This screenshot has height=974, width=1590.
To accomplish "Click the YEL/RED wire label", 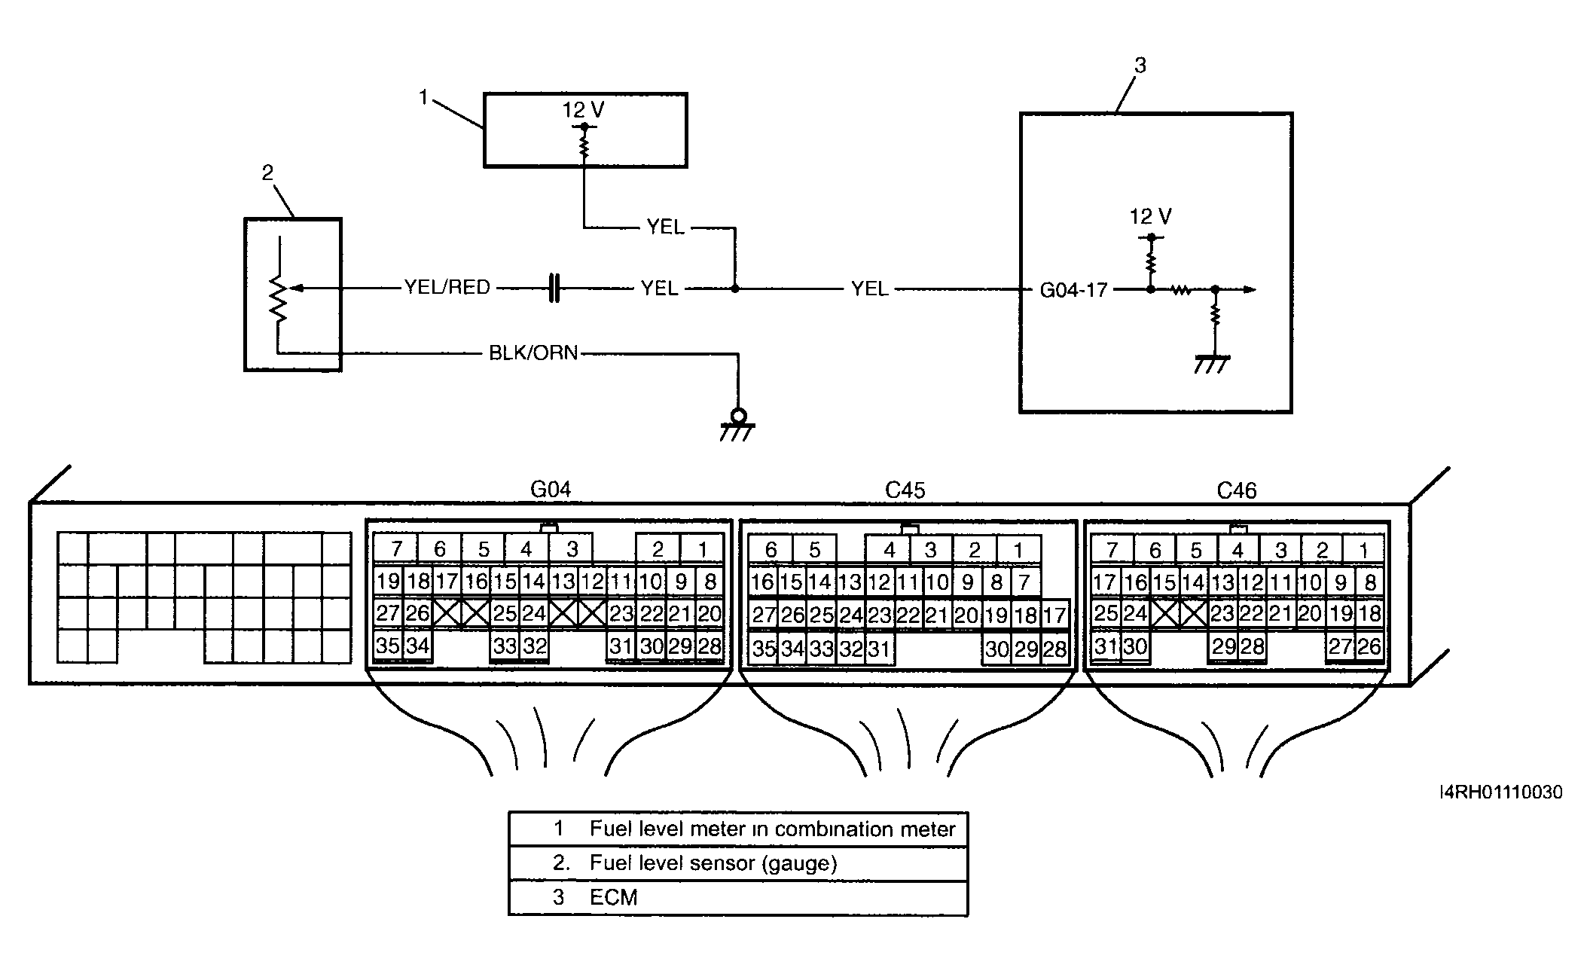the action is click(x=447, y=288).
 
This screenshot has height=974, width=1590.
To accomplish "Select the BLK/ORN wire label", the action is click(x=533, y=353).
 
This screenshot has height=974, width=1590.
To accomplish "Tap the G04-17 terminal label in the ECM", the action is click(x=1073, y=290).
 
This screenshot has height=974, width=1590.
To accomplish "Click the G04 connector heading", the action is click(x=551, y=490).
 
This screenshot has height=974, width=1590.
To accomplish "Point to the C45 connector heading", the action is click(x=905, y=490).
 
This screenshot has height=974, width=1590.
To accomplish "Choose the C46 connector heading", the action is click(x=1237, y=491).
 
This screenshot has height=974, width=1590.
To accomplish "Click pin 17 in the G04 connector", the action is click(x=447, y=581).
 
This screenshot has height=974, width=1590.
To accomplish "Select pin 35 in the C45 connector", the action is click(x=764, y=649).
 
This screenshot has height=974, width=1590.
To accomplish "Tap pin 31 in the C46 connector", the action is click(x=1105, y=646).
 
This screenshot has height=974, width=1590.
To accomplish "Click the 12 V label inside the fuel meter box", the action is click(x=583, y=110).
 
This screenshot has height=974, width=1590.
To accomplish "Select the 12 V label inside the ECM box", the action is click(x=1150, y=217).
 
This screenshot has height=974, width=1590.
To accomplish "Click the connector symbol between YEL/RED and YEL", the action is click(x=554, y=289).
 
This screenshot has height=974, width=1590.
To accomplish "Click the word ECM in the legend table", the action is click(x=614, y=898).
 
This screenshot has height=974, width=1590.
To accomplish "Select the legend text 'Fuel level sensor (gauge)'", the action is click(x=713, y=863).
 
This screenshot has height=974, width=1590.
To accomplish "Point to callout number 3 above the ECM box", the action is click(x=1140, y=66).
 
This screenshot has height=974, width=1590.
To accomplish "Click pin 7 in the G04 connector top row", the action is click(x=396, y=549).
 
